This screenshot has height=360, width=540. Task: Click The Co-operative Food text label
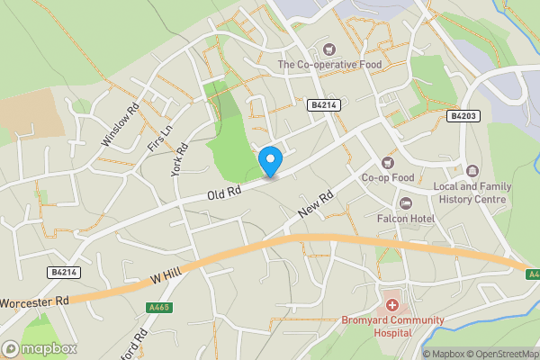(329, 65)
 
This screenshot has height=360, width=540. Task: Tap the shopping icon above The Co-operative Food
(328, 49)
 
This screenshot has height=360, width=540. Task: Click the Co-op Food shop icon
(388, 163)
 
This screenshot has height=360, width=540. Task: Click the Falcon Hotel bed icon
(405, 203)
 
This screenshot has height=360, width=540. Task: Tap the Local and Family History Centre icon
(472, 171)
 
